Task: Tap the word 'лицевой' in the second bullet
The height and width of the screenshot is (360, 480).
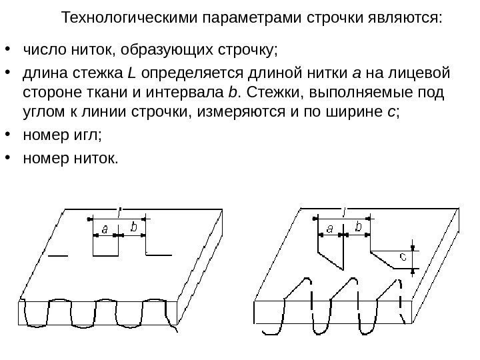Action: (425, 72)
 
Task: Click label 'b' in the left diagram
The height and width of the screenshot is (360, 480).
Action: (135, 228)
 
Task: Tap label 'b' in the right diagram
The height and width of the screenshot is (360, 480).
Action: (359, 227)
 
